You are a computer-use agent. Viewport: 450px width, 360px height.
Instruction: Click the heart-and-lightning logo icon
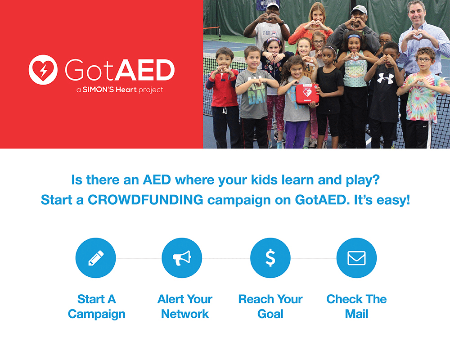[x=43, y=70]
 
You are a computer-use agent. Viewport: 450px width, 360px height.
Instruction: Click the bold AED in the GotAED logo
[x=145, y=70]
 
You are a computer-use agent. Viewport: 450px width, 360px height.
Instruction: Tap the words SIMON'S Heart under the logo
[x=109, y=90]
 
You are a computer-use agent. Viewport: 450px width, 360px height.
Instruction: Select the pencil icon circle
[x=95, y=258]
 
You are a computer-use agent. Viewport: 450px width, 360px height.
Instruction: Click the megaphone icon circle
[x=182, y=258]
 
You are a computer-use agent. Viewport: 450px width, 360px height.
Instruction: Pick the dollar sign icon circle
[x=270, y=258]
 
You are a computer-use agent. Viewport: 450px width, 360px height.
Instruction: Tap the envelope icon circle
[x=356, y=258]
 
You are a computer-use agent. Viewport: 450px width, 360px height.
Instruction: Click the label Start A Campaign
[x=96, y=306]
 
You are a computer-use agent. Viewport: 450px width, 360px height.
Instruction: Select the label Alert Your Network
[x=185, y=306]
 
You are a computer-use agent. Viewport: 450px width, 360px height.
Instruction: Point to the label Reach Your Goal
[x=270, y=306]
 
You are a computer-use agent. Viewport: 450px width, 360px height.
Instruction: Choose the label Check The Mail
[x=356, y=306]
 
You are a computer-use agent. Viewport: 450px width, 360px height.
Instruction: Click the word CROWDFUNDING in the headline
[x=145, y=200]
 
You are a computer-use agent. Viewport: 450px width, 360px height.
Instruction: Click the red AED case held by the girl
[x=307, y=94]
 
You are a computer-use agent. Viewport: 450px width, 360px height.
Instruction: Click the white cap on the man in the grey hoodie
[x=359, y=10]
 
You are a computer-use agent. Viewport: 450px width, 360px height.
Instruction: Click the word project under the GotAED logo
[x=151, y=90]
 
